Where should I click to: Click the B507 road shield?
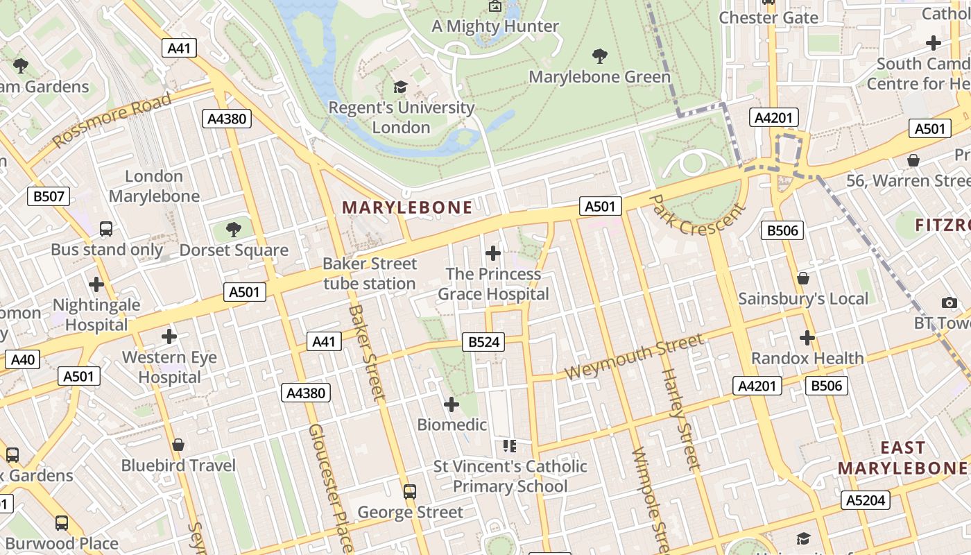click(x=49, y=196)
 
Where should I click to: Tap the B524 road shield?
click(x=483, y=342)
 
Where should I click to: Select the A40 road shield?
click(x=22, y=359)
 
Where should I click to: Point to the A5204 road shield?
click(x=866, y=500)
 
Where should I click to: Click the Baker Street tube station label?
click(x=370, y=273)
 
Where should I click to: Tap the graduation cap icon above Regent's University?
click(x=400, y=87)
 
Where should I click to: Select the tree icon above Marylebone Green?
click(x=600, y=56)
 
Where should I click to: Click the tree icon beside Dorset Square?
click(x=234, y=229)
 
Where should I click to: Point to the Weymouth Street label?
click(x=634, y=357)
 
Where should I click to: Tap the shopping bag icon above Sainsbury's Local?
click(x=802, y=278)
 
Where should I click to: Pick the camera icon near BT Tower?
click(x=949, y=302)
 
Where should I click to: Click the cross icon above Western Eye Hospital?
click(x=169, y=337)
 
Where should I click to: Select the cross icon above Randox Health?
click(x=807, y=338)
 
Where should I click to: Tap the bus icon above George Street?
click(x=410, y=492)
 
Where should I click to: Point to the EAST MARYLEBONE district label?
click(x=902, y=458)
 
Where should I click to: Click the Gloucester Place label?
click(x=331, y=486)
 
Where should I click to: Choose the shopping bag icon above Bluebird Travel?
click(x=178, y=445)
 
